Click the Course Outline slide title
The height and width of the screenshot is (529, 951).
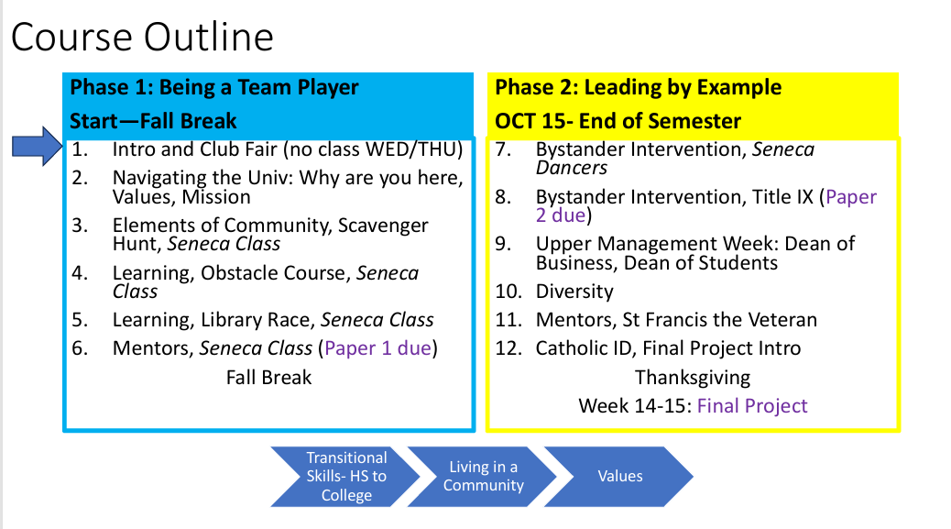pyautogui.click(x=142, y=37)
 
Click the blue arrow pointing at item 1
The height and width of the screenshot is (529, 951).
pyautogui.click(x=37, y=146)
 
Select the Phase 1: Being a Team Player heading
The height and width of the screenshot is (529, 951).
pyautogui.click(x=214, y=88)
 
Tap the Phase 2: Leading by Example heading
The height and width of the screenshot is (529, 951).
pyautogui.click(x=638, y=88)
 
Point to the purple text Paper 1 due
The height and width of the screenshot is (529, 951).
pyautogui.click(x=377, y=348)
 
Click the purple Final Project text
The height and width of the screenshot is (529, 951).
pyautogui.click(x=752, y=406)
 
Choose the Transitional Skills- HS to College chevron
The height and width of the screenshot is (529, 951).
pyautogui.click(x=345, y=477)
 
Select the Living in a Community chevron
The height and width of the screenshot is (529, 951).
pyautogui.click(x=483, y=477)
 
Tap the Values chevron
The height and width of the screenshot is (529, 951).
pyautogui.click(x=619, y=477)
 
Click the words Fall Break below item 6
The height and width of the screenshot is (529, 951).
pyautogui.click(x=268, y=378)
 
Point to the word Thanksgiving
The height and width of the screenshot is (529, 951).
pyautogui.click(x=693, y=378)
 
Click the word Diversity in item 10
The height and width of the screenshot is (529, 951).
pyautogui.click(x=574, y=292)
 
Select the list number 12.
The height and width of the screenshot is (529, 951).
pyautogui.click(x=508, y=348)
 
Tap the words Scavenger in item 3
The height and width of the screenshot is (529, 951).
pyautogui.click(x=383, y=226)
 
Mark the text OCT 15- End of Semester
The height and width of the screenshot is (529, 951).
pyautogui.click(x=618, y=121)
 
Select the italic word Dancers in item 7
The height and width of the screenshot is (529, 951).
pyautogui.click(x=572, y=168)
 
